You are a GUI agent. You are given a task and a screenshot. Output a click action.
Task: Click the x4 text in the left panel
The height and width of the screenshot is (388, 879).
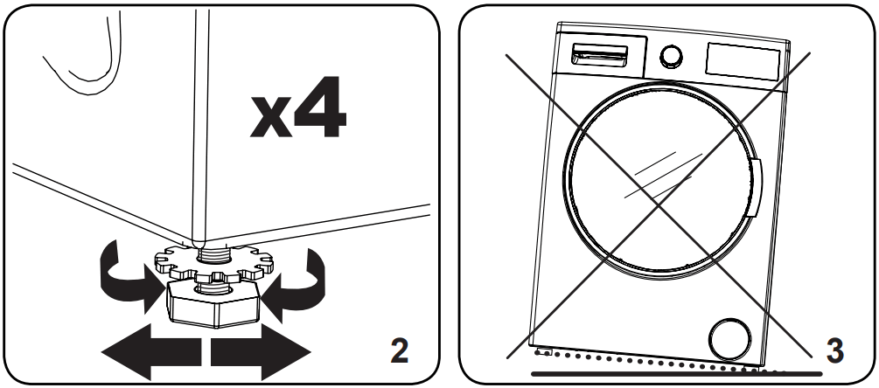pyautogui.click(x=298, y=112)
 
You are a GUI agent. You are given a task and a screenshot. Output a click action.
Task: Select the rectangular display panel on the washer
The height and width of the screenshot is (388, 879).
pyautogui.click(x=743, y=61)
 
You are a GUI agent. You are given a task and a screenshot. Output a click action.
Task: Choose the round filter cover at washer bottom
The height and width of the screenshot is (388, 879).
pyautogui.click(x=727, y=336)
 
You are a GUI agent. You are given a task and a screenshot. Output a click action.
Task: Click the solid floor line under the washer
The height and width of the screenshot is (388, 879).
pyautogui.click(x=682, y=373)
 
